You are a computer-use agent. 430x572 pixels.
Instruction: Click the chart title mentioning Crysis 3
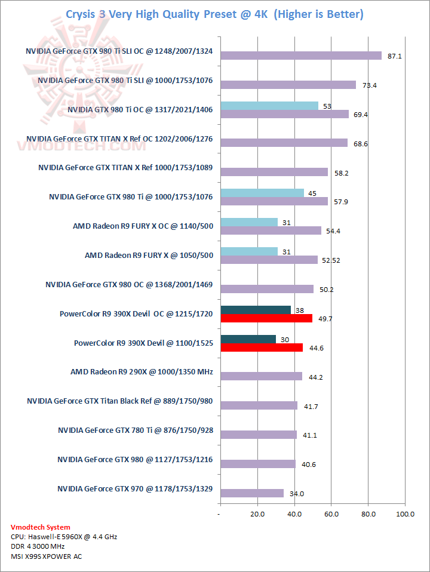pos(214,14)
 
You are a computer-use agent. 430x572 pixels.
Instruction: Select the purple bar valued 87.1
pos(300,56)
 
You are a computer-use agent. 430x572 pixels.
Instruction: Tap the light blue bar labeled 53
pos(269,106)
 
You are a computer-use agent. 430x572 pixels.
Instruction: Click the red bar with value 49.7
pos(266,318)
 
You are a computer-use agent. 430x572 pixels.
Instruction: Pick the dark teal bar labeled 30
pos(248,339)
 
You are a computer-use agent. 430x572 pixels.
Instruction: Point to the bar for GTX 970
pos(252,493)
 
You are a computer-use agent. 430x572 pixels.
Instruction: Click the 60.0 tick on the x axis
pos(331,513)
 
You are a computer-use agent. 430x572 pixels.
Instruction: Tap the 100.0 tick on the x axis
pos(406,513)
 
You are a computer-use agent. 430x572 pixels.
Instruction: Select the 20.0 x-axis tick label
pos(257,513)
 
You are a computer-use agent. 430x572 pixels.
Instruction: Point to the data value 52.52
pos(332,260)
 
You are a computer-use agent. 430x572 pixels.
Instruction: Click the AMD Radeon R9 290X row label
pos(142,373)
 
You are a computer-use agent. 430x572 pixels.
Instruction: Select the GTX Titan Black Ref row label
pos(119,401)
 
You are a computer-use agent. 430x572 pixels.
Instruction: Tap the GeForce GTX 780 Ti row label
pos(135,430)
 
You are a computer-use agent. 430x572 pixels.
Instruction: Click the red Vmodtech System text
pos(41,527)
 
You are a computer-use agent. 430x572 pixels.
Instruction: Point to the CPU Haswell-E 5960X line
pos(64,537)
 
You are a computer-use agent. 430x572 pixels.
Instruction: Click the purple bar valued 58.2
pos(274,172)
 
